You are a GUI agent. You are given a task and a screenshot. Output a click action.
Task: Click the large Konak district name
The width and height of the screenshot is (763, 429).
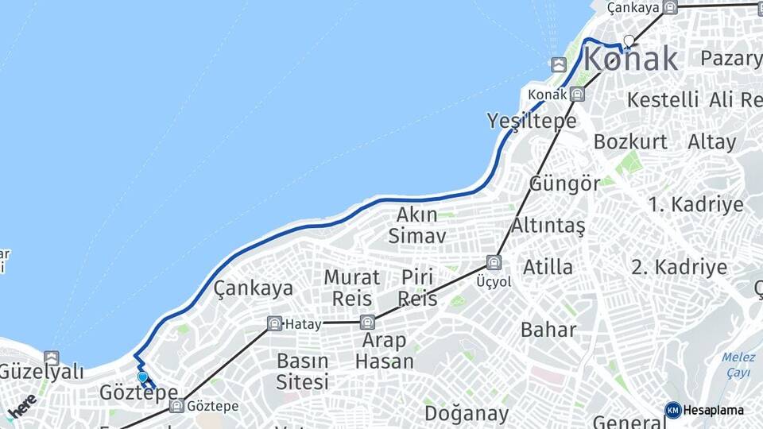(631, 60)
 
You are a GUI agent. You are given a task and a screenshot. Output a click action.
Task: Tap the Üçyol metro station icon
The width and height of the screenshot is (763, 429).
(494, 262)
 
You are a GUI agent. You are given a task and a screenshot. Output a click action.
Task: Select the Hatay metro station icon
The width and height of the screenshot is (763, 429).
(274, 323)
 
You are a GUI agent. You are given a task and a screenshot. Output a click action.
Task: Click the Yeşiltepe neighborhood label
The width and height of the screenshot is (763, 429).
(532, 121)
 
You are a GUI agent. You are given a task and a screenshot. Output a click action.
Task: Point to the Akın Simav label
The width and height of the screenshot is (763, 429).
(417, 225)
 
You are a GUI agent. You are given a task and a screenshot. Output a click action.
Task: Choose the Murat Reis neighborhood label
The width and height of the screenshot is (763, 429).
(351, 288)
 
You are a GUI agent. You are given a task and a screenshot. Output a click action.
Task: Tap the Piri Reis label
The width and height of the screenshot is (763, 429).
(417, 288)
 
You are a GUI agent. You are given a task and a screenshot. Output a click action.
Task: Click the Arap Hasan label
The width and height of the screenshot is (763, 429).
(385, 350)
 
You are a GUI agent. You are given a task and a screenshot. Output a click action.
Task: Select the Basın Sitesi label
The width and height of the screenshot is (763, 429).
(302, 371)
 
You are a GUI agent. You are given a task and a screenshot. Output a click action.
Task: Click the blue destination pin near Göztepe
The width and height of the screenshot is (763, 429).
(142, 377)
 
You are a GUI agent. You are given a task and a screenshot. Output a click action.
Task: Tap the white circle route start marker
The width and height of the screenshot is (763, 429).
(629, 41)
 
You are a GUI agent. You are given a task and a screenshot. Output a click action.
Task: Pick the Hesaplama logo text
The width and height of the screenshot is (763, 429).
(712, 411)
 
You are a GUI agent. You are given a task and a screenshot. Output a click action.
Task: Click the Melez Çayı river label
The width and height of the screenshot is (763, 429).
(739, 365)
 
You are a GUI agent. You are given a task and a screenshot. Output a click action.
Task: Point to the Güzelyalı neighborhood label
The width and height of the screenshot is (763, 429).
(41, 370)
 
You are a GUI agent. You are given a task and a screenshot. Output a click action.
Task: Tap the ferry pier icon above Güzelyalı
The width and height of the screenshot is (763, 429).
(52, 357)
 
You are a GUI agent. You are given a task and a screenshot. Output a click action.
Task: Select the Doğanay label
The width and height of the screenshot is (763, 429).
(466, 413)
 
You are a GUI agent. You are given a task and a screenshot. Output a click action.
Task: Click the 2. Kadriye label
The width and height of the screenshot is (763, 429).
(679, 266)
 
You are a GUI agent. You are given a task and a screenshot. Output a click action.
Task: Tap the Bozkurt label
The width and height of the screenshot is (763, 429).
(630, 141)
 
